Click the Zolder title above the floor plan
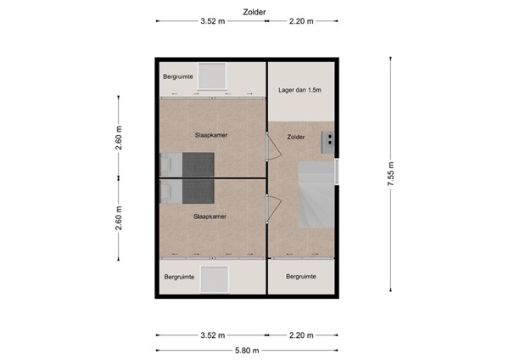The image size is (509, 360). [254, 12]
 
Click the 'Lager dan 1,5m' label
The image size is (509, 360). [300, 89]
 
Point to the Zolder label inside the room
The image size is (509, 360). [296, 136]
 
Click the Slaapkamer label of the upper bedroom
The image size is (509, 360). [210, 135]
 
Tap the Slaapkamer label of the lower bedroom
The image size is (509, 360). [208, 216]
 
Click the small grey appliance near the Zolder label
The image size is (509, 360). [327, 142]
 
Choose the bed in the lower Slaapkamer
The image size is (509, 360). [189, 192]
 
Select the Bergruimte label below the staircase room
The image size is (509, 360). [301, 277]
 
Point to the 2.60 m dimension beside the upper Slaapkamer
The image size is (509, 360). [119, 136]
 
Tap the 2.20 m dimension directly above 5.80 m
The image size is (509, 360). [301, 333]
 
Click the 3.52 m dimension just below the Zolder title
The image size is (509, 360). [212, 22]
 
